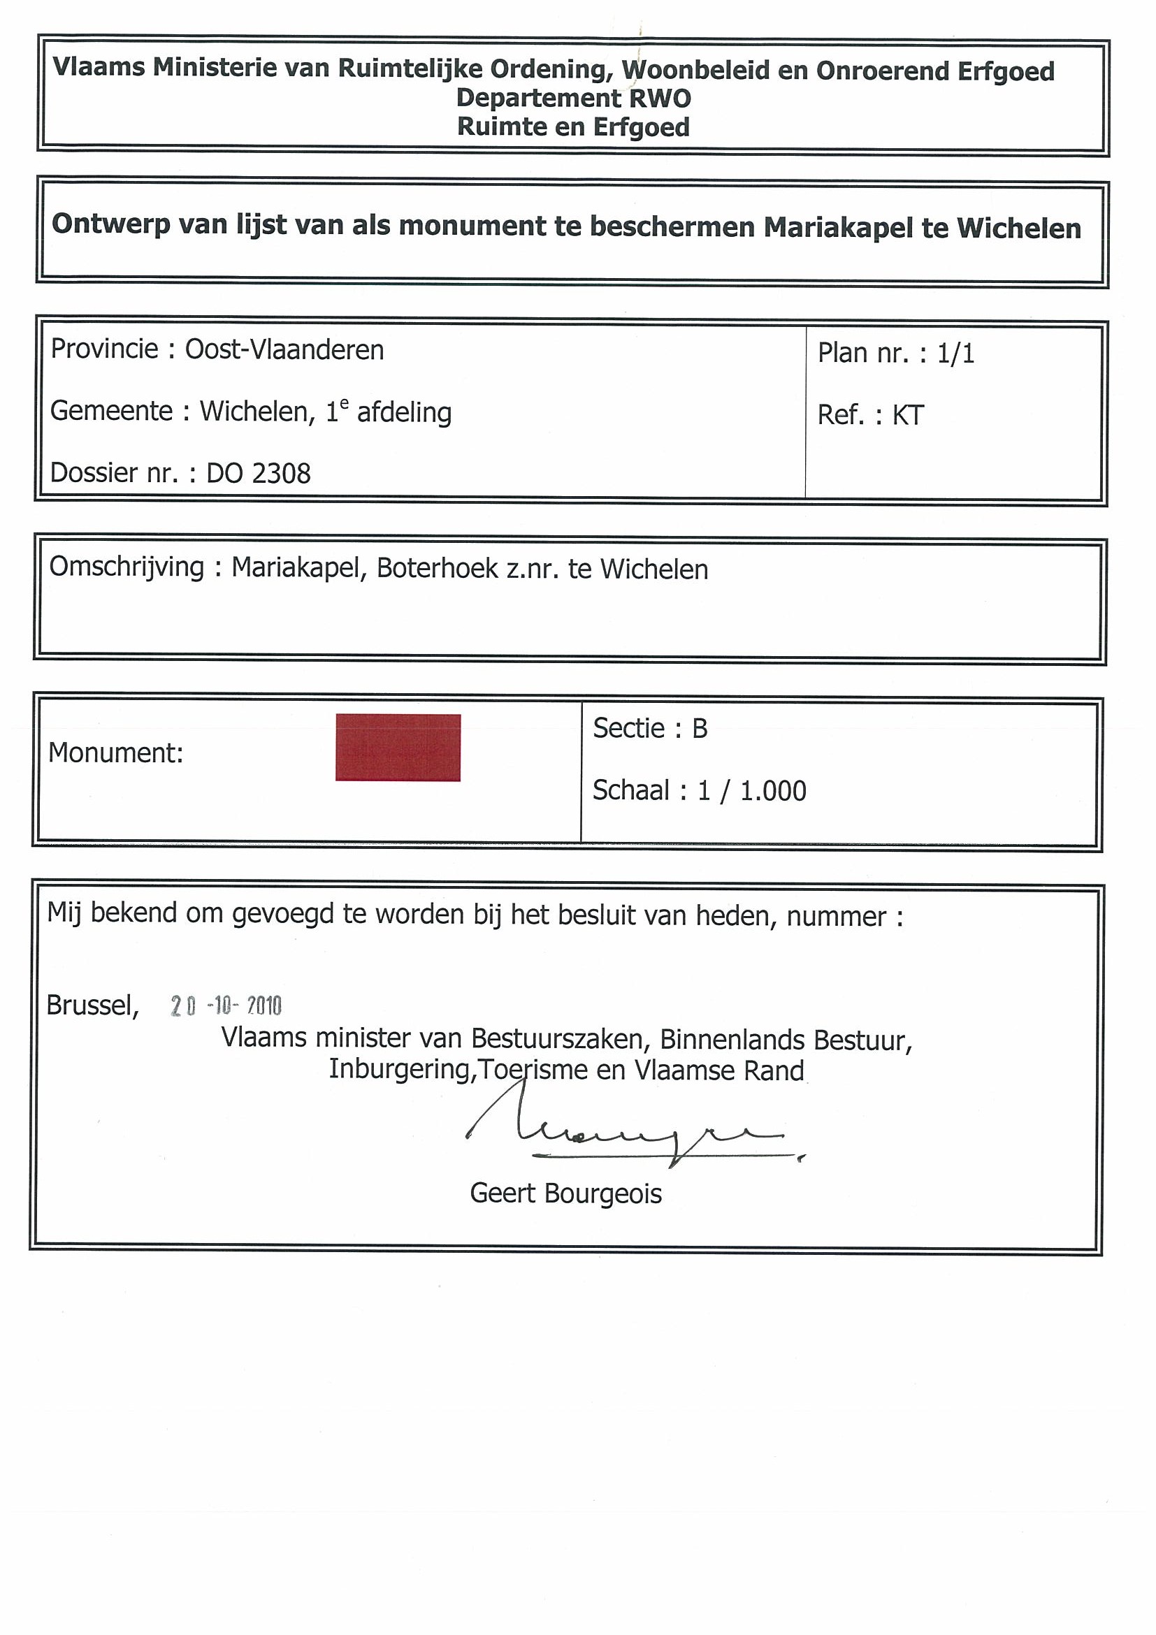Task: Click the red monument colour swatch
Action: (398, 748)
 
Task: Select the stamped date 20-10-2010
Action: (226, 1006)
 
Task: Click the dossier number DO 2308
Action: (259, 474)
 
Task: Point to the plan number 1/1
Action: (955, 354)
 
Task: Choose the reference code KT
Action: (907, 416)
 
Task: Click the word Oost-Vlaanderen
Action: (284, 350)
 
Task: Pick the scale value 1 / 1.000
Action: (751, 791)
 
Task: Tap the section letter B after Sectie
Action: (700, 729)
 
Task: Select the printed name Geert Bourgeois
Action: (565, 1193)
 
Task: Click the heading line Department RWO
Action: (573, 99)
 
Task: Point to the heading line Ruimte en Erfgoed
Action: (573, 127)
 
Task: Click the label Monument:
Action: (115, 753)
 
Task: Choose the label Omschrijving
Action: (126, 567)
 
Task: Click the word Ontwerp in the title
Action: (111, 224)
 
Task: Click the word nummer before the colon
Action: (836, 917)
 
